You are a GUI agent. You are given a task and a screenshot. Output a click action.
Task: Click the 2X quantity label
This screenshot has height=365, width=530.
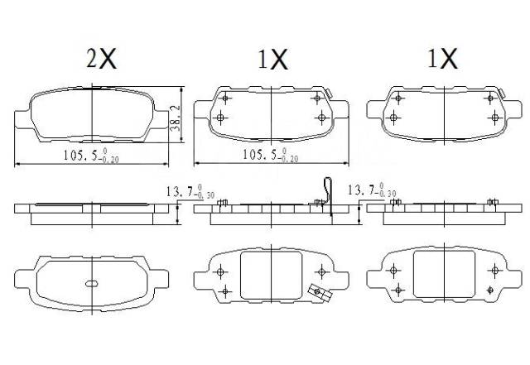coord(101,59)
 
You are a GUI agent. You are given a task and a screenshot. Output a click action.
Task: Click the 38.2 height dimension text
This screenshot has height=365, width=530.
coord(175,118)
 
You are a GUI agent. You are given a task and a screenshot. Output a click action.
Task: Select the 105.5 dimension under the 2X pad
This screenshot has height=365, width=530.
coord(91,155)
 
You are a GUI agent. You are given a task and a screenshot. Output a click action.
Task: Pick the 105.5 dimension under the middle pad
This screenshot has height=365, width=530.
coord(271,155)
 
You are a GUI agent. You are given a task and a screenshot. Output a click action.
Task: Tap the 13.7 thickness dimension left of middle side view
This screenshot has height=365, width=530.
coord(190,192)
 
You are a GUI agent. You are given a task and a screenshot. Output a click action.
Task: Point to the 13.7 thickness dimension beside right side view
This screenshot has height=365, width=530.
coord(372,190)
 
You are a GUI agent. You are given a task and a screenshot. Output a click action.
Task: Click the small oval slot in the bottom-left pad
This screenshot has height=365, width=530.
coord(92,284)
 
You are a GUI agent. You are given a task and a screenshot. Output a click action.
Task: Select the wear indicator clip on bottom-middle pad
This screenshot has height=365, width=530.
coord(320,293)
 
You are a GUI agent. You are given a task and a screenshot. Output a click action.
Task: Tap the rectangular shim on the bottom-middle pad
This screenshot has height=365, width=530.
coord(271,276)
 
